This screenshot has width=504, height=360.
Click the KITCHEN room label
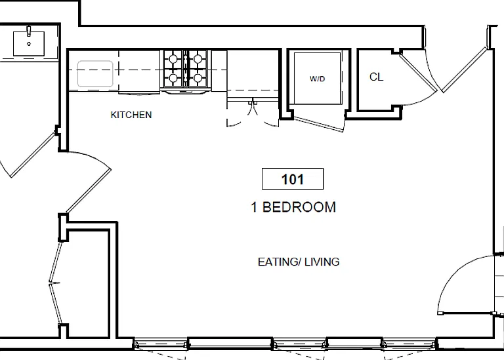click(131, 115)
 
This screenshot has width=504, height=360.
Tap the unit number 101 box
click(293, 179)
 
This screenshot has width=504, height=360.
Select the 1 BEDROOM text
click(293, 207)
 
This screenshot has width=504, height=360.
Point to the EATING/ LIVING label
click(299, 262)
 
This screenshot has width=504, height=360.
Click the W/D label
click(317, 79)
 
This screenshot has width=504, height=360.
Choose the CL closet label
click(376, 77)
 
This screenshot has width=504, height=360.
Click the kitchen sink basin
click(95, 73)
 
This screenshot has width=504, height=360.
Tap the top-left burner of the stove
click(173, 59)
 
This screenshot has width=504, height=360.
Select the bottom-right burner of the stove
click(198, 78)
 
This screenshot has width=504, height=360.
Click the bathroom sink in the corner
click(29, 44)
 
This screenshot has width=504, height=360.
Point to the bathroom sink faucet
click(29, 31)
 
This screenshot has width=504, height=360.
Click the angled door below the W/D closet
click(319, 125)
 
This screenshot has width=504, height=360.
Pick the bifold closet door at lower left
click(55, 283)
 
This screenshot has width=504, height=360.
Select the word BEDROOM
click(299, 207)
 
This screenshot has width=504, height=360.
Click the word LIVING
click(322, 262)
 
